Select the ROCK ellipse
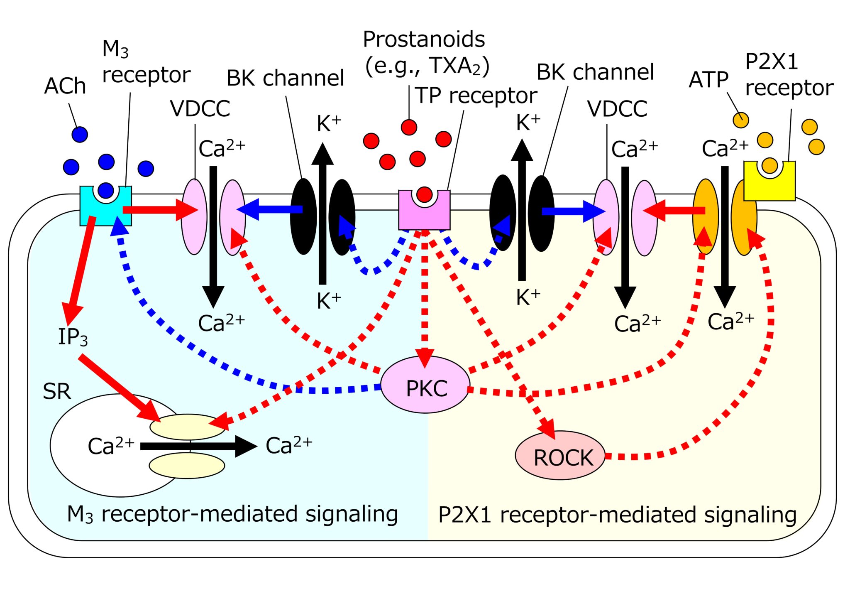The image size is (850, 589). (560, 456)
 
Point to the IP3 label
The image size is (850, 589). (73, 336)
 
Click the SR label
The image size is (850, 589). (57, 391)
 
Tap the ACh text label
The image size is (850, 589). (65, 86)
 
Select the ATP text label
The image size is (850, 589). (708, 80)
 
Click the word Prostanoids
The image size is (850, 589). (424, 39)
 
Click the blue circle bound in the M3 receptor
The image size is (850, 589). (106, 190)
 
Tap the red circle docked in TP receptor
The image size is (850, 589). (424, 194)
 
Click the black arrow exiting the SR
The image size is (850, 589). (199, 446)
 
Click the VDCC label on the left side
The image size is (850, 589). (200, 109)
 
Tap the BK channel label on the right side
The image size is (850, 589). (595, 72)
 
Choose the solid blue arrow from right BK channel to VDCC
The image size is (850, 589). (573, 211)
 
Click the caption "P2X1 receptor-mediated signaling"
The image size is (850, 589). (617, 515)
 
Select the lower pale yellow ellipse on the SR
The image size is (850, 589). (187, 466)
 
